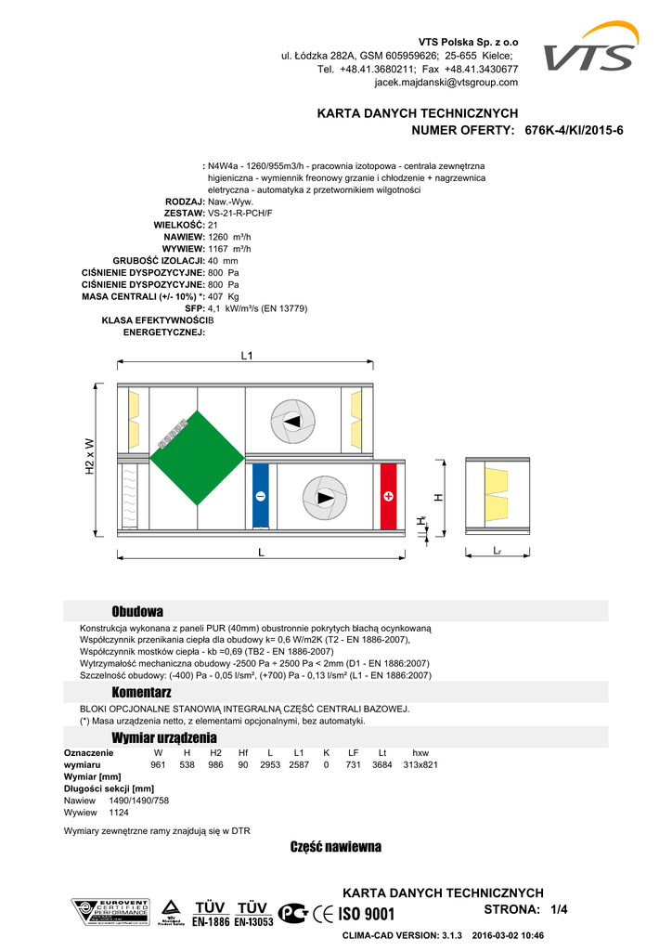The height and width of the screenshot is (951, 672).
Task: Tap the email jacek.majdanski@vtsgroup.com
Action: pyautogui.click(x=446, y=83)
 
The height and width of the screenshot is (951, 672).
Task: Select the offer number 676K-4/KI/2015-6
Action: pyautogui.click(x=575, y=130)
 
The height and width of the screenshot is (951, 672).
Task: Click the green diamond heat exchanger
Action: pyautogui.click(x=197, y=458)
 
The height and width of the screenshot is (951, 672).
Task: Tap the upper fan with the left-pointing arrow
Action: pyautogui.click(x=292, y=422)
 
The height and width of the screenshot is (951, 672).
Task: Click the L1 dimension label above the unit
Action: pyautogui.click(x=247, y=356)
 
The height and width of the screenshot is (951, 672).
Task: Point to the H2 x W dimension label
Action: pyautogui.click(x=90, y=457)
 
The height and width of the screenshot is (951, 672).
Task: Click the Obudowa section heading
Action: pyautogui.click(x=137, y=611)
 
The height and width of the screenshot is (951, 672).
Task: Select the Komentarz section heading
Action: pyautogui.click(x=142, y=693)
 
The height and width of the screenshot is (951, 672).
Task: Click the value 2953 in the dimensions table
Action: pyautogui.click(x=270, y=764)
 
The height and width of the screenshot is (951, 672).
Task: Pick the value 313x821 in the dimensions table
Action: pyautogui.click(x=420, y=764)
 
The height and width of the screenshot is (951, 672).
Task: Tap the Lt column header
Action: pyautogui.click(x=382, y=752)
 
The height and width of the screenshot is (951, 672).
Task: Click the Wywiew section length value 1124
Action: pyautogui.click(x=119, y=812)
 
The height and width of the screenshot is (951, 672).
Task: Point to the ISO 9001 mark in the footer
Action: pyautogui.click(x=366, y=914)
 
